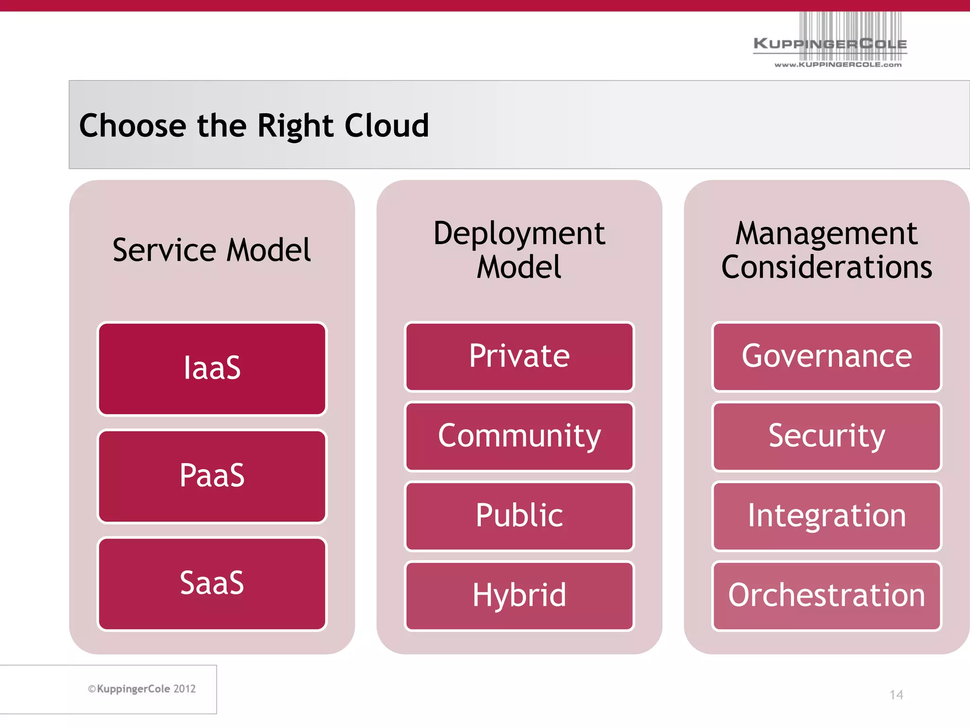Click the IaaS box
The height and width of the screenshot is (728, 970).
click(212, 368)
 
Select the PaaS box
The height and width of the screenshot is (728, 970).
click(212, 476)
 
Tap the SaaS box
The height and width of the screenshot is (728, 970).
click(212, 583)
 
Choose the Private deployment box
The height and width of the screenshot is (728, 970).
click(519, 356)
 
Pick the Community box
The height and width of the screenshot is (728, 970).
click(519, 436)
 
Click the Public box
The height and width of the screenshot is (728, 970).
click(519, 516)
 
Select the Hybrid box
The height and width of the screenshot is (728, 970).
click(519, 595)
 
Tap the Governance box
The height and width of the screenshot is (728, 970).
click(826, 356)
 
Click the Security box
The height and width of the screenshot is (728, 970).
click(826, 436)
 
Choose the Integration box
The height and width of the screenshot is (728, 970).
click(826, 516)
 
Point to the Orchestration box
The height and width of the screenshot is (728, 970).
click(826, 595)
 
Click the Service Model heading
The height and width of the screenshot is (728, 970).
click(212, 250)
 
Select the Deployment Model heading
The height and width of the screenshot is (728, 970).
click(519, 250)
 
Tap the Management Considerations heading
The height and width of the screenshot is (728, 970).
click(826, 250)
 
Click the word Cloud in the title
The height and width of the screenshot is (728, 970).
click(386, 126)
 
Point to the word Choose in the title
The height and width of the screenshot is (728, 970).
click(133, 126)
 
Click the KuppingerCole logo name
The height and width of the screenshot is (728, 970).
click(830, 44)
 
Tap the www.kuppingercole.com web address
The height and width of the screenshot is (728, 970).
click(838, 64)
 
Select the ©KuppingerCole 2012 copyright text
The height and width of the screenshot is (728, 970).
click(142, 689)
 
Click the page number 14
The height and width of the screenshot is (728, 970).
click(896, 695)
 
